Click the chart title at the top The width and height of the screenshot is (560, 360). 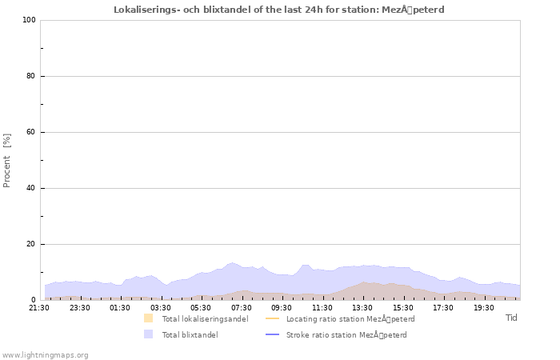[279, 10]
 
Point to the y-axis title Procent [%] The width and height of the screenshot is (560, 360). [7, 160]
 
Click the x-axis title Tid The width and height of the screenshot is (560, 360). [511, 318]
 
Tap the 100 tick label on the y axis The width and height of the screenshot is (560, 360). [29, 20]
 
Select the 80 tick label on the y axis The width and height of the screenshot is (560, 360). [31, 76]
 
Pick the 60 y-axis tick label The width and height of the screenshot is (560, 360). [31, 132]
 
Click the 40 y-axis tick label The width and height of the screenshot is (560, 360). [31, 188]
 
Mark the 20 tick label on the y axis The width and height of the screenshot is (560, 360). [31, 244]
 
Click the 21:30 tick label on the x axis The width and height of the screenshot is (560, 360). [39, 307]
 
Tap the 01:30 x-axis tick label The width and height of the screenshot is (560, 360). [120, 307]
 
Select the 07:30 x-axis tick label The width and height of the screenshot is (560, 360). [242, 307]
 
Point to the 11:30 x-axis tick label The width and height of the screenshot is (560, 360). [322, 307]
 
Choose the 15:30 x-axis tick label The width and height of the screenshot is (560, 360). [403, 307]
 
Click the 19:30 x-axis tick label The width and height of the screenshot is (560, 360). [484, 307]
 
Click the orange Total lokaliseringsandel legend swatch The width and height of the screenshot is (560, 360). [148, 318]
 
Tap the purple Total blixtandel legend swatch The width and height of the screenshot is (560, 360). [148, 334]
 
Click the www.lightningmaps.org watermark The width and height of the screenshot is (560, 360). [46, 354]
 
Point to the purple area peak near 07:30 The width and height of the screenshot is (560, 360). [232, 263]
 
